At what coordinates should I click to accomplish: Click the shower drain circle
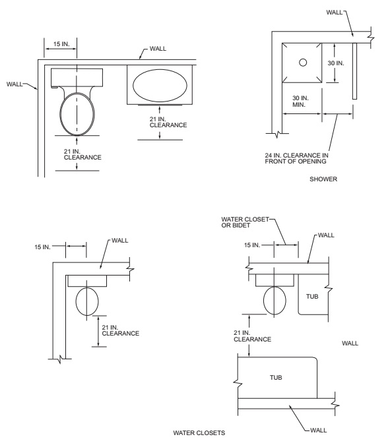pos(303,62)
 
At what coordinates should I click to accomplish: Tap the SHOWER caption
pos(323,179)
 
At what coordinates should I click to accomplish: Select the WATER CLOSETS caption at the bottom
pos(199,433)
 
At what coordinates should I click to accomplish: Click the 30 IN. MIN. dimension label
pos(300,102)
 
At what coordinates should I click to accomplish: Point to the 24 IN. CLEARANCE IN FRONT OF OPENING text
pos(297,158)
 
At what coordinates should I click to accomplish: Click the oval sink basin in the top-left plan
pos(160,85)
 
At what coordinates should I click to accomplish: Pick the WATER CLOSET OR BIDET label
pos(245,222)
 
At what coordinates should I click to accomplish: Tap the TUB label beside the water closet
pos(312,297)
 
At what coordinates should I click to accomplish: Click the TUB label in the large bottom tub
pos(276,378)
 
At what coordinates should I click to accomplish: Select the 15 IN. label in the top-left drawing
pos(61,44)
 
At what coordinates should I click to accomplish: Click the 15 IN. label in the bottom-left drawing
pos(42,247)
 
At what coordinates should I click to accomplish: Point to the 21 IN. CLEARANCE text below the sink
pos(168,122)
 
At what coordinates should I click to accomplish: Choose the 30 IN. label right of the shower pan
pos(336,63)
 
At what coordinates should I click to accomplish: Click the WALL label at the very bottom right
pos(319,430)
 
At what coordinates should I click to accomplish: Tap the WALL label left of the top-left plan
pos(15,84)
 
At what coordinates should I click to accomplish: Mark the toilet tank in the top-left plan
pos(77,77)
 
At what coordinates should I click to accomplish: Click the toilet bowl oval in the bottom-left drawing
pos(87,301)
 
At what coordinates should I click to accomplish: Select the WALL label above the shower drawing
pos(335,12)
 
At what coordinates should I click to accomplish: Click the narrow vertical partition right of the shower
pos(354,71)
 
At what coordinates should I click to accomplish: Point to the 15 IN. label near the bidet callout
pos(252,245)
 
